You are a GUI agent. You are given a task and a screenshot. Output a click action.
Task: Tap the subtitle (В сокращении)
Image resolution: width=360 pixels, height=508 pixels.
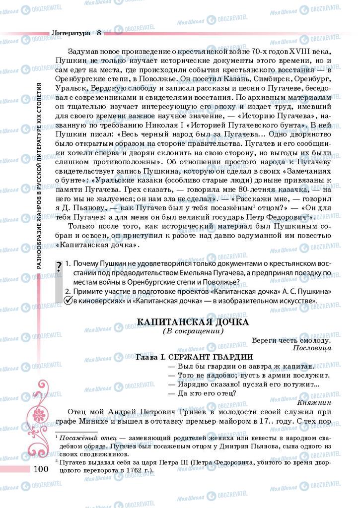pos(193,331)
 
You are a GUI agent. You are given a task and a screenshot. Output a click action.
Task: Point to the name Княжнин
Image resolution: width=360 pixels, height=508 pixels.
pos(315,402)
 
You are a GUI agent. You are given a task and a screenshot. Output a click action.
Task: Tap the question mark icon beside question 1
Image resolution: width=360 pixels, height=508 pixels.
pos(59,266)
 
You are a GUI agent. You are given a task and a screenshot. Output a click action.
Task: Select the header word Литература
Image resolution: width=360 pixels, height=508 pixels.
pos(71,33)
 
